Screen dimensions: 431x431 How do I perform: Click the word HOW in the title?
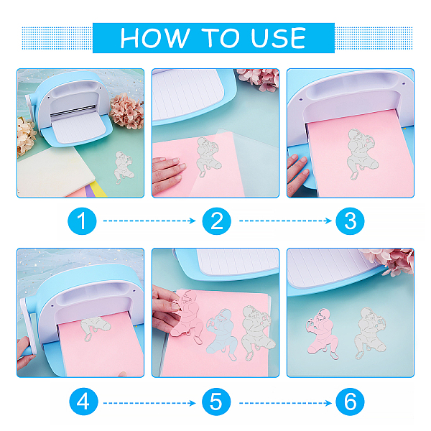154,38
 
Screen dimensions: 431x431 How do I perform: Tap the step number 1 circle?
82,221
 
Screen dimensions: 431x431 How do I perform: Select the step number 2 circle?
217,221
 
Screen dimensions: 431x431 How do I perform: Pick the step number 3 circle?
350,221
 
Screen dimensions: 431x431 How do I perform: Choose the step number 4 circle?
83,402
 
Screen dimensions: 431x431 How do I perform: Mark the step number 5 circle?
216,402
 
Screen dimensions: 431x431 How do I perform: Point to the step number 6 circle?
350,402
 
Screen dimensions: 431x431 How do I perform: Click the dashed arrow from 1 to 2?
149,221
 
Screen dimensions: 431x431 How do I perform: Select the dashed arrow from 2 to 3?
285,221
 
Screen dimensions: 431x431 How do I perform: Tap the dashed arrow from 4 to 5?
149,403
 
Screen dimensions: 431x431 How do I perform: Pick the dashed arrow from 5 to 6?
285,403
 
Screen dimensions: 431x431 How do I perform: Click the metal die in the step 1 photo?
124,167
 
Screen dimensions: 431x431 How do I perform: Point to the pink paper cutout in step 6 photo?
322,335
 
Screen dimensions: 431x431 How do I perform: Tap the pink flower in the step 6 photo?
391,261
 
